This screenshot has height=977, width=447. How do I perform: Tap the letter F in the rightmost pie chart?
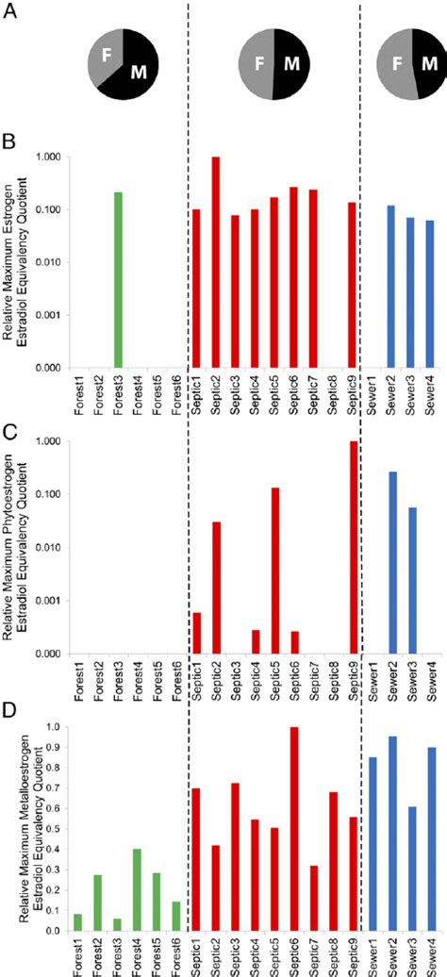pos(393,65)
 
